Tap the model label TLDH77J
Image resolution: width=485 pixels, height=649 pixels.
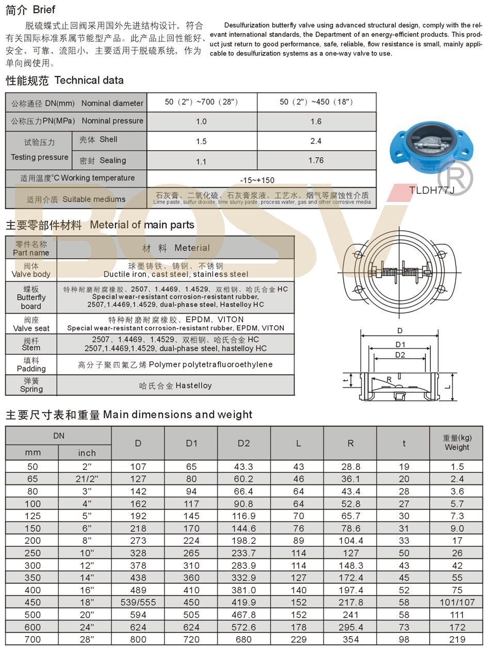point(432,190)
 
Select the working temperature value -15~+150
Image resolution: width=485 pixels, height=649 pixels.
point(257,180)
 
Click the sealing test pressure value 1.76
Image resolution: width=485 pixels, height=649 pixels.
point(316,160)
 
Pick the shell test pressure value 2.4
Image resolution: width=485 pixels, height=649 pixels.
point(316,141)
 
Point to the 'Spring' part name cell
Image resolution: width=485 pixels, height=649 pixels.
point(31,385)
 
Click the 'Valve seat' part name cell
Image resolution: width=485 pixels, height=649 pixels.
point(31,324)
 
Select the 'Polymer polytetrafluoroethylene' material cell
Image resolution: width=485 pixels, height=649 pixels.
point(175,365)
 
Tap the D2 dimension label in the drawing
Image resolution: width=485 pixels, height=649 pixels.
point(400,355)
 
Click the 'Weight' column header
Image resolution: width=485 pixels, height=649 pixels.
point(457,443)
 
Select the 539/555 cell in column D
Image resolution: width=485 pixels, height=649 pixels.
point(138,602)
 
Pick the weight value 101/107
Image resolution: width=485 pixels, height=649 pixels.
point(457,602)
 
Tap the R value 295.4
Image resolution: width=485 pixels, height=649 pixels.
point(351,627)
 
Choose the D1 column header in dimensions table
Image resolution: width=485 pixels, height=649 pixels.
point(191,443)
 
